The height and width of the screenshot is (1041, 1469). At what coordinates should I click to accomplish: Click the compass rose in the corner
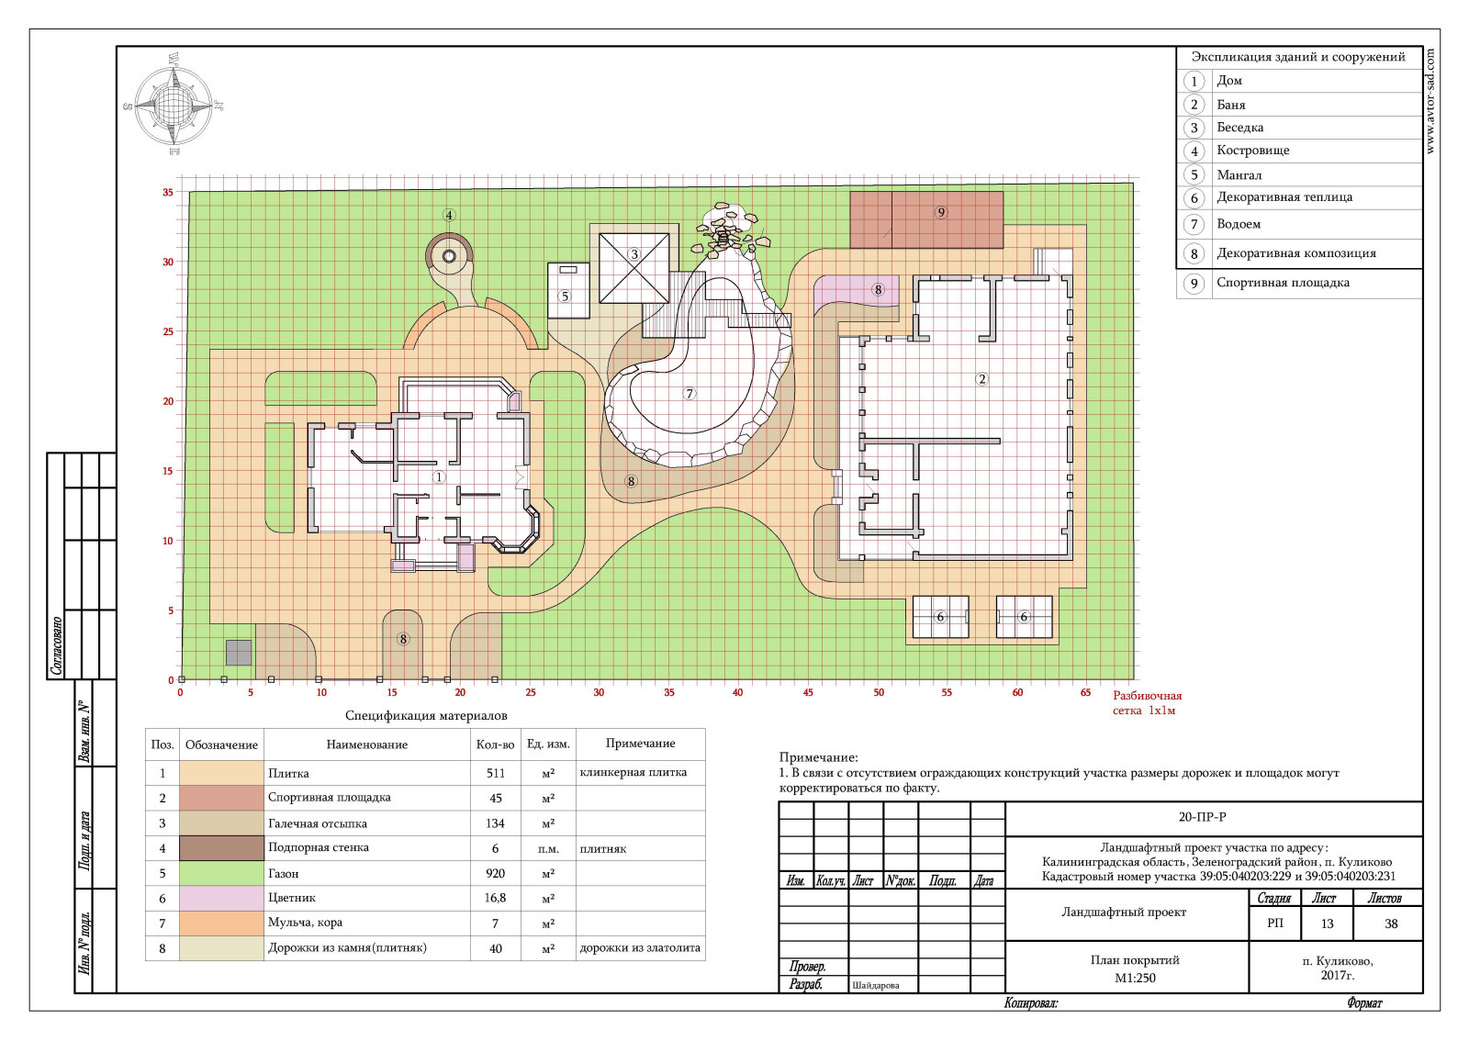point(174,105)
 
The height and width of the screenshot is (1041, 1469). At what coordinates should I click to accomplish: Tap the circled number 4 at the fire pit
point(449,215)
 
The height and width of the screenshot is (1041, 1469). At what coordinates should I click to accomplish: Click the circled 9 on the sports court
point(941,212)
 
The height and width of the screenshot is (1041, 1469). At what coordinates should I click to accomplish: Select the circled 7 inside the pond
point(690,393)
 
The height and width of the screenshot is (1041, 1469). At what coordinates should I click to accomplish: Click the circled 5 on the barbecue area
point(566,297)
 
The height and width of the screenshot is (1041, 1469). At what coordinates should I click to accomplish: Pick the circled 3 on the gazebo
point(634,254)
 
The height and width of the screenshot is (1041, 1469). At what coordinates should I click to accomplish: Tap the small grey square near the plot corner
point(239,653)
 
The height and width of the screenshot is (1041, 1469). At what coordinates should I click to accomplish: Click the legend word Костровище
point(1253,151)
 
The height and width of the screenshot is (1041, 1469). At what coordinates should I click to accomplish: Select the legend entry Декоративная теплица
point(1284,196)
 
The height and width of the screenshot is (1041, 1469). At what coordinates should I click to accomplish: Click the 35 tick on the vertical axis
point(169,192)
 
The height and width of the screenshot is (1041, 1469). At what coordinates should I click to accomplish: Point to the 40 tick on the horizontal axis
point(738,692)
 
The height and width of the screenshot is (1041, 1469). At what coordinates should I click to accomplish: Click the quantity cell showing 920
point(495,873)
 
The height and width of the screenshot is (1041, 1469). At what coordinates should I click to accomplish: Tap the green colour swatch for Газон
point(221,873)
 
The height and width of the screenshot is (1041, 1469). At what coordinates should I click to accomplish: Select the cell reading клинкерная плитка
point(633,772)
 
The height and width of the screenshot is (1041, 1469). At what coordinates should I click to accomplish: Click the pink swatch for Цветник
point(221,898)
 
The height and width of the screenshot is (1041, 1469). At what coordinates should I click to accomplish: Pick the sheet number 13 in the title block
point(1328,923)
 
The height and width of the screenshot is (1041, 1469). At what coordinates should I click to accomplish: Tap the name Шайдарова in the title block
point(876,985)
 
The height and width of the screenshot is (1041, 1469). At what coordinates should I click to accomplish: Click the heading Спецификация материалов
point(426,716)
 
